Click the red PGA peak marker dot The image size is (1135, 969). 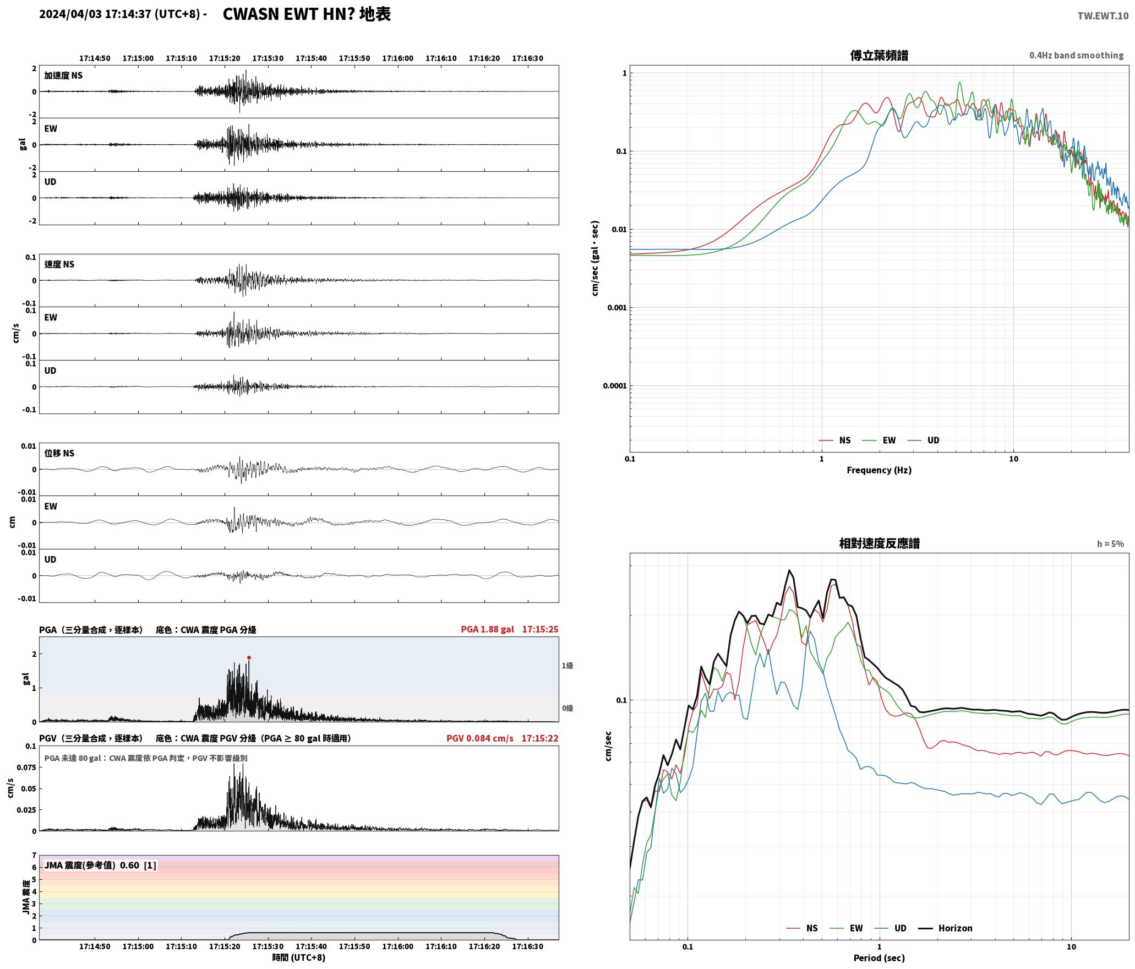249,657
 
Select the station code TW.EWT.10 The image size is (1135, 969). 1103,16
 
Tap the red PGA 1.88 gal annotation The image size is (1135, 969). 487,629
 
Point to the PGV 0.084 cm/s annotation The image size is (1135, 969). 479,738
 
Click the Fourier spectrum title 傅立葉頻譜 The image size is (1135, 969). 879,55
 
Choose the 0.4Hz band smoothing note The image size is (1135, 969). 1076,55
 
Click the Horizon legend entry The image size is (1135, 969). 946,928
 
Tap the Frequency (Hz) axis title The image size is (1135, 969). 879,470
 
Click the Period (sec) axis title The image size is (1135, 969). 879,957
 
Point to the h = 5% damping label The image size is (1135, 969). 1110,543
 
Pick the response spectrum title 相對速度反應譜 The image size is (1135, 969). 879,543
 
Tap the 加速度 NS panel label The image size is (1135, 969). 63,75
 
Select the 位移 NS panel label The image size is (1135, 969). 59,453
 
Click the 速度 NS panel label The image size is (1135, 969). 59,264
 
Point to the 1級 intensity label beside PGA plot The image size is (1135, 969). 567,665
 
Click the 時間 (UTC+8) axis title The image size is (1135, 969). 299,957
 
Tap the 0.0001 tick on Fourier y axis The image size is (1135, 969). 614,385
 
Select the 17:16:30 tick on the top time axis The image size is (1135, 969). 527,58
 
